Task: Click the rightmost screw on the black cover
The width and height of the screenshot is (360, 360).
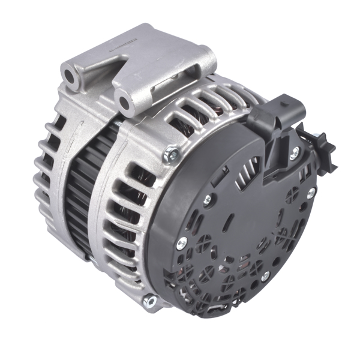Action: [311, 193]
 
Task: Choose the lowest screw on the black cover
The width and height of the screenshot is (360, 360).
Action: [265, 275]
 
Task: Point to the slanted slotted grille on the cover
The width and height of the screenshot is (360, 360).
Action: [248, 170]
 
